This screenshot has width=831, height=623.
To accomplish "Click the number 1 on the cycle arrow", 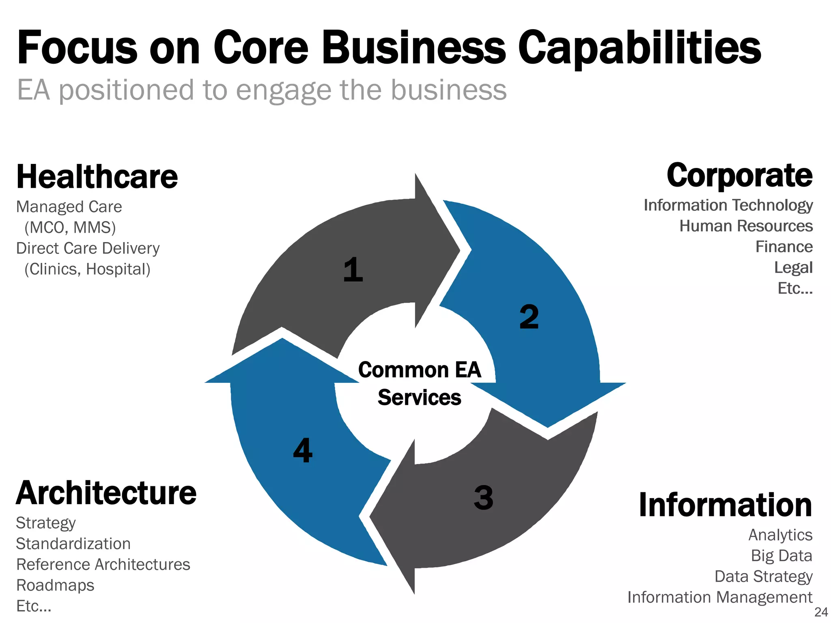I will pyautogui.click(x=353, y=270).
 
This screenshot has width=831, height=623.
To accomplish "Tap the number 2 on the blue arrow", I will pyautogui.click(x=529, y=317).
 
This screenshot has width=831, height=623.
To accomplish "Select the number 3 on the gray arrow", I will pyautogui.click(x=483, y=497).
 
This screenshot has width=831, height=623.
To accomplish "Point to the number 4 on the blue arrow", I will pyautogui.click(x=303, y=450).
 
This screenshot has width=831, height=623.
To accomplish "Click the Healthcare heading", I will pyautogui.click(x=97, y=177).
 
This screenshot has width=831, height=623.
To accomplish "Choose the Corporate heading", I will pyautogui.click(x=739, y=175).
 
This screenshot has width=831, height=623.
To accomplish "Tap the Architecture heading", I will pyautogui.click(x=106, y=493).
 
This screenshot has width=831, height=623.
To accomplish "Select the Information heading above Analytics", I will pyautogui.click(x=725, y=505).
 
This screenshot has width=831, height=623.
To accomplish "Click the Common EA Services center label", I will pyautogui.click(x=420, y=383).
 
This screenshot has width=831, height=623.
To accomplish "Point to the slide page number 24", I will pyautogui.click(x=821, y=612).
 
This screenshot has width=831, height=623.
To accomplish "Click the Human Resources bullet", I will pyautogui.click(x=746, y=226).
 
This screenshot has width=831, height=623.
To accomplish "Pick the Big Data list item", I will pyautogui.click(x=781, y=556).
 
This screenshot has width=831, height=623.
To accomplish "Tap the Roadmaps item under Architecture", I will pyautogui.click(x=55, y=585).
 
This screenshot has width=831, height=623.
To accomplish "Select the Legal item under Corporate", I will pyautogui.click(x=793, y=268).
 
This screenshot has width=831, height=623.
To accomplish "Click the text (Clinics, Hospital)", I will pyautogui.click(x=87, y=269).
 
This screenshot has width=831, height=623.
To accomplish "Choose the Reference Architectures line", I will pyautogui.click(x=103, y=565).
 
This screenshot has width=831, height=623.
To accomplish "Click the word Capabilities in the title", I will pyautogui.click(x=639, y=48).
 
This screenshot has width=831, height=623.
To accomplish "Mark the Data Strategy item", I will pyautogui.click(x=763, y=576).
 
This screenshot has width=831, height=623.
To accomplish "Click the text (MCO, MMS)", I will pyautogui.click(x=70, y=228).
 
